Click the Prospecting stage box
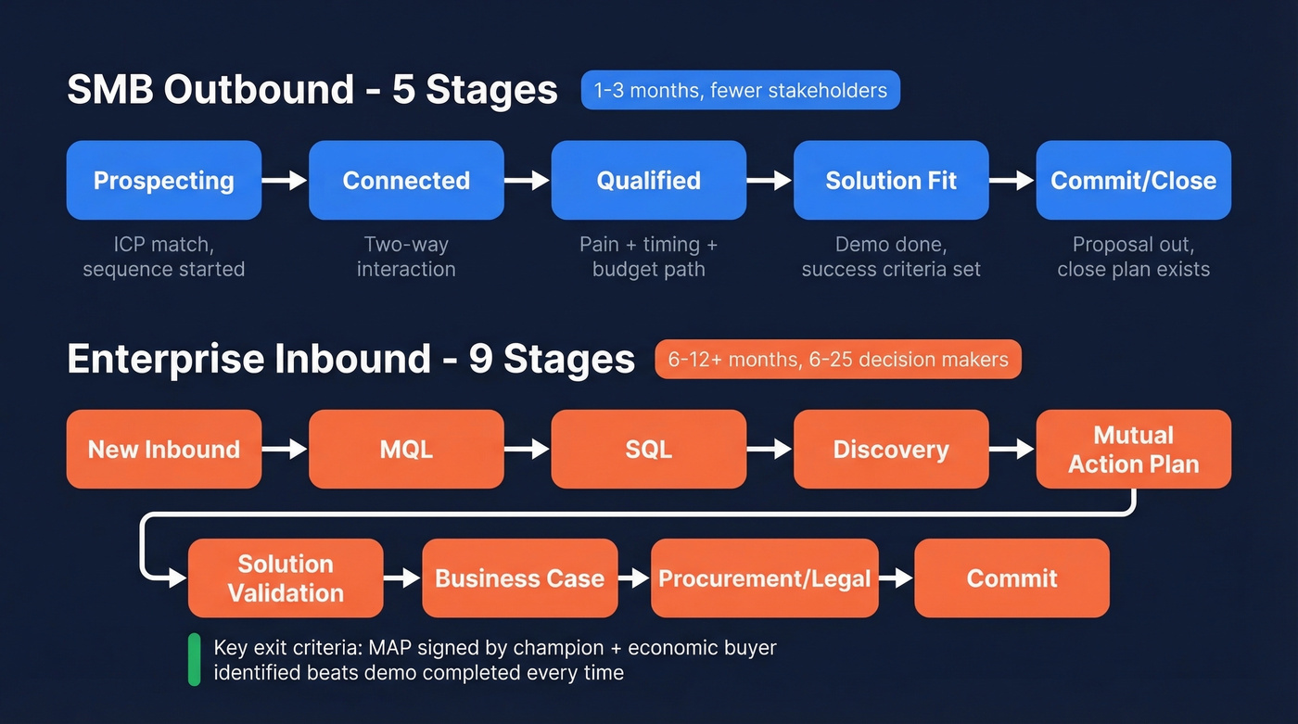(x=164, y=180)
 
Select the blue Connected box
(x=406, y=180)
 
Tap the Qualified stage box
(x=648, y=180)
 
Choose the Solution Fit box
(x=891, y=180)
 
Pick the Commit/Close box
(x=1133, y=180)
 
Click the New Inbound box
(x=164, y=450)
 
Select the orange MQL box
(x=406, y=450)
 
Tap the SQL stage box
(x=648, y=450)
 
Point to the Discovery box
(x=891, y=450)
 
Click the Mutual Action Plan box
(x=1133, y=450)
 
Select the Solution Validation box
(x=286, y=578)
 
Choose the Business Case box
(x=519, y=578)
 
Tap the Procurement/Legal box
(x=764, y=578)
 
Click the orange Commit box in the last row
(x=1012, y=578)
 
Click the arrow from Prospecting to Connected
(x=285, y=180)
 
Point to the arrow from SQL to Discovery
(x=770, y=450)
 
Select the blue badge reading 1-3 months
(x=740, y=90)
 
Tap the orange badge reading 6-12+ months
(x=837, y=360)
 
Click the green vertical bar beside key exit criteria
(x=194, y=659)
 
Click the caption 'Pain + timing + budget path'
(x=648, y=257)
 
